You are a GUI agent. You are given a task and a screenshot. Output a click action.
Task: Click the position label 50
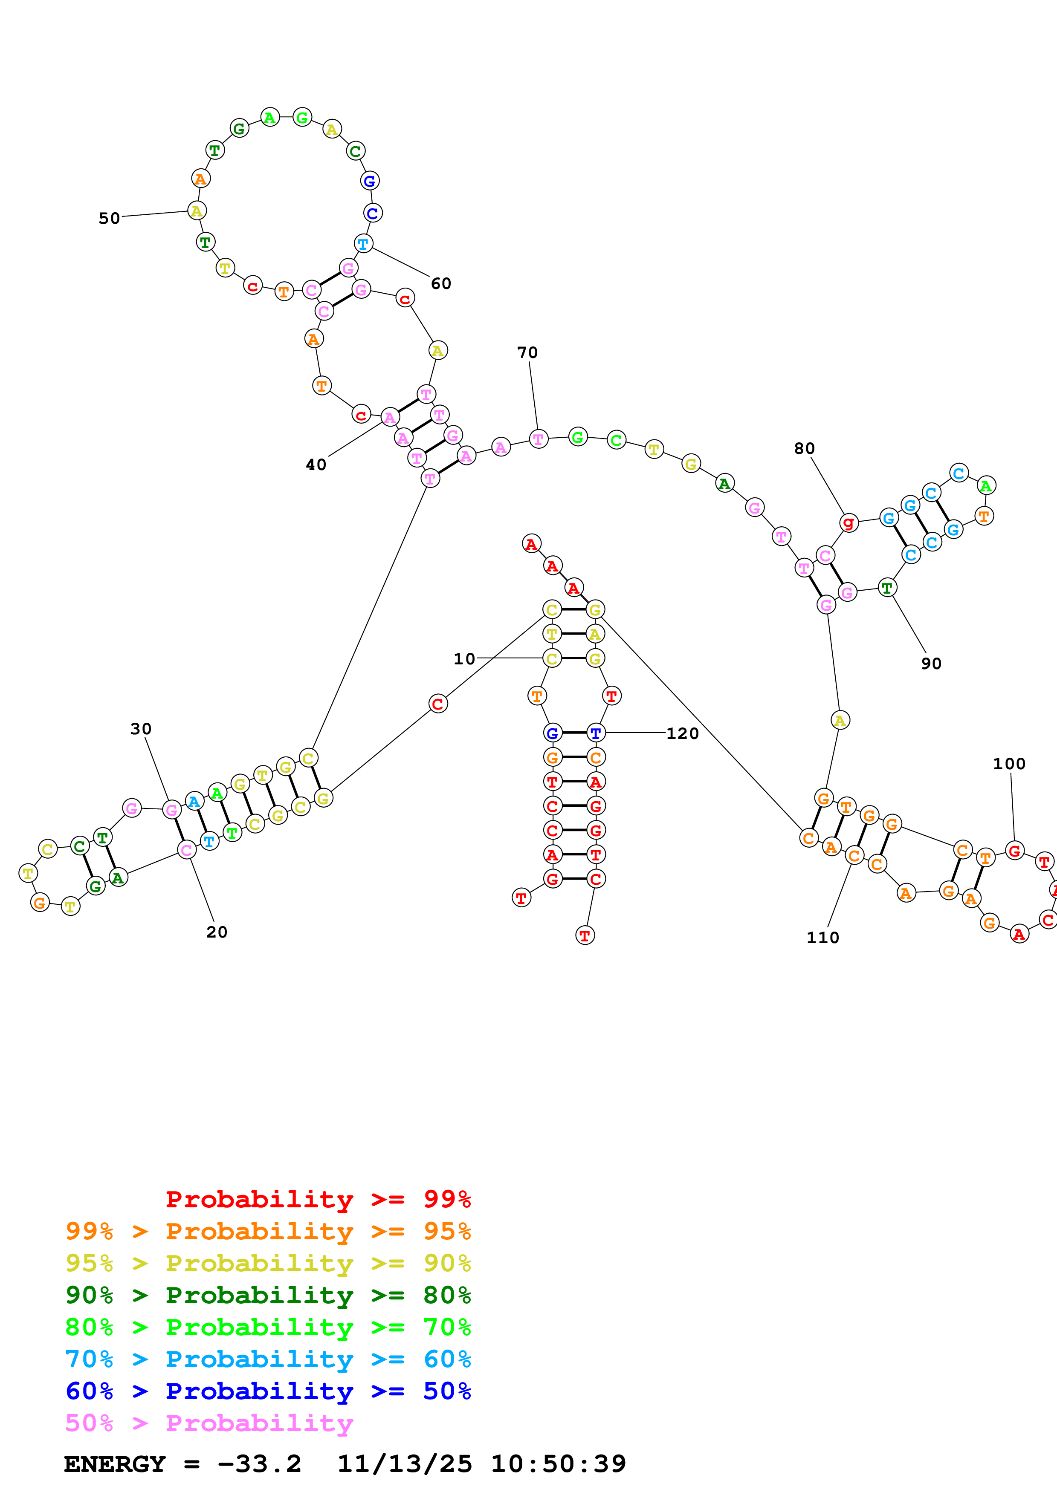(x=110, y=218)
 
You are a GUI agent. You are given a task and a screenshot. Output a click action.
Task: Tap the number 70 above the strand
(x=527, y=352)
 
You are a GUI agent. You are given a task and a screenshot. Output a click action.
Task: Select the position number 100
(x=1009, y=764)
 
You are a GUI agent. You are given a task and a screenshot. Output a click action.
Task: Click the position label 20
(x=217, y=932)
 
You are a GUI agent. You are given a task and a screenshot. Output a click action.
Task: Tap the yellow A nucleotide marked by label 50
(x=197, y=211)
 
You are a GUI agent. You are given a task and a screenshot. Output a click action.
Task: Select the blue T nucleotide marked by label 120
(x=595, y=733)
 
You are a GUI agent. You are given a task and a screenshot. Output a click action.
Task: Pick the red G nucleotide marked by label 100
(x=1014, y=850)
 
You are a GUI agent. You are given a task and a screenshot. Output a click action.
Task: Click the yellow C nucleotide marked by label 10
(x=552, y=658)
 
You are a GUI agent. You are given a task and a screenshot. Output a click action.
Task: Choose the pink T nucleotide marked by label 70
(x=538, y=439)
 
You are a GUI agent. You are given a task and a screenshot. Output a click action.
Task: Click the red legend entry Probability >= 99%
(x=318, y=1199)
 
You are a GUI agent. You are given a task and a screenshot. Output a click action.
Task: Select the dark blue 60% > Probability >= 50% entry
(x=268, y=1391)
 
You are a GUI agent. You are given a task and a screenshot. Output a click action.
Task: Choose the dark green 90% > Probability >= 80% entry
(x=268, y=1295)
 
